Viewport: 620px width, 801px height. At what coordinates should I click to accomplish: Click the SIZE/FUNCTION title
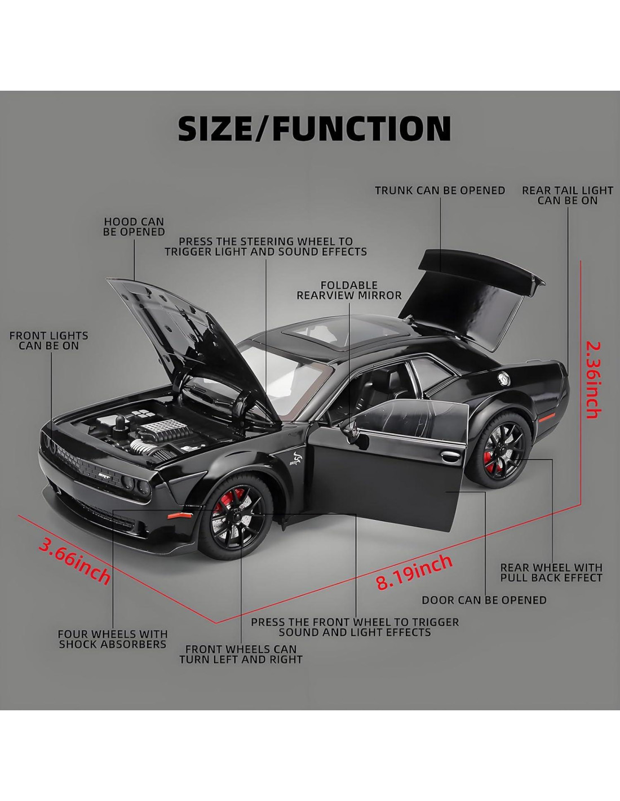[314, 128]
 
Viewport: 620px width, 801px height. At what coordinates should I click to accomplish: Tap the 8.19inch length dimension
[414, 571]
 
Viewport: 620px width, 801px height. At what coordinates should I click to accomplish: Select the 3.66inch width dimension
[74, 560]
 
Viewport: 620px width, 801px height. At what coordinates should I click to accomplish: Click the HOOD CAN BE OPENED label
[134, 227]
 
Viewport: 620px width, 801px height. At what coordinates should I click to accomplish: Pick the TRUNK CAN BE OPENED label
[440, 190]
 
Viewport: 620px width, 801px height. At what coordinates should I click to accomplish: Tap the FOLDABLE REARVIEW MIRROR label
[349, 290]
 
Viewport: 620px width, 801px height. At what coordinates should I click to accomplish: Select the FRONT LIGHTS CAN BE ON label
[49, 341]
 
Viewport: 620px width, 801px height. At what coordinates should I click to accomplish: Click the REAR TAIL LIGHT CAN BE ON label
[567, 195]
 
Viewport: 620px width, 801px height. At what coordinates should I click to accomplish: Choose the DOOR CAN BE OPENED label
[484, 600]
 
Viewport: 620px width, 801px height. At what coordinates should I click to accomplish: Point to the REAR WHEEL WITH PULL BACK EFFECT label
[551, 572]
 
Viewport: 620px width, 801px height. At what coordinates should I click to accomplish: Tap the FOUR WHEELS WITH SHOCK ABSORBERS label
[113, 639]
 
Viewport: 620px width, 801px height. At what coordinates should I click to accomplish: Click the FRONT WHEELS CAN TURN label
[241, 654]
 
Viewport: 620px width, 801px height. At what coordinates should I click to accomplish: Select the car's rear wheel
[501, 445]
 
